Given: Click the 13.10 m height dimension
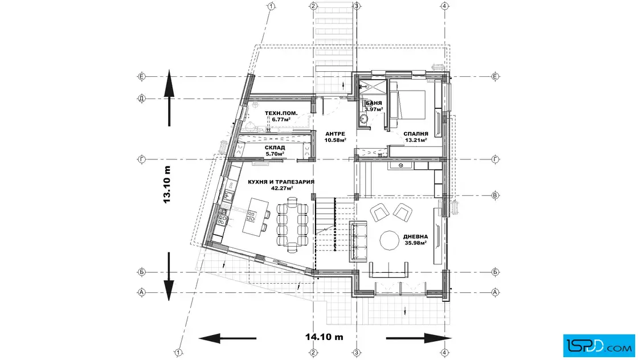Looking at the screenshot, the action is tap(167, 184).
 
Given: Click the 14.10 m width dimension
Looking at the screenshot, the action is tap(324, 337).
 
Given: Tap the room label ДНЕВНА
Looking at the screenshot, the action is tap(415, 237).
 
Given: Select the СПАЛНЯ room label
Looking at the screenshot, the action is tap(416, 134).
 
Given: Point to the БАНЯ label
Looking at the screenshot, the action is tap(374, 103).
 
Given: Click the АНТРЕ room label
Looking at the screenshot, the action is tap(336, 134).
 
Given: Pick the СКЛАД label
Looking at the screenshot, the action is tap(275, 148).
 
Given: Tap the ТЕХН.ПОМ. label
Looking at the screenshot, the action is tap(281, 113).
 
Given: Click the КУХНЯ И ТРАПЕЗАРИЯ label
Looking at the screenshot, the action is tap(281, 182).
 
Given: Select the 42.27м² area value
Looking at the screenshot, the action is tap(282, 189).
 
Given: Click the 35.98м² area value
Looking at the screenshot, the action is tap(415, 243).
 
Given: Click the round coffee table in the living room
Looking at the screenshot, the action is tap(390, 240).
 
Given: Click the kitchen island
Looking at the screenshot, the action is tap(255, 215).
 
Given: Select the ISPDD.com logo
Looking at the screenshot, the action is tap(599, 346).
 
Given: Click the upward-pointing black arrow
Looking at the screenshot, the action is tap(169, 98).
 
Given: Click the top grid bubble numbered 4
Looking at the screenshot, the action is tap(445, 6).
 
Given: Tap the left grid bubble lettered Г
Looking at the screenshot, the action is tap(142, 160).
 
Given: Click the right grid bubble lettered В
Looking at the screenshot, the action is tap(495, 195).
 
